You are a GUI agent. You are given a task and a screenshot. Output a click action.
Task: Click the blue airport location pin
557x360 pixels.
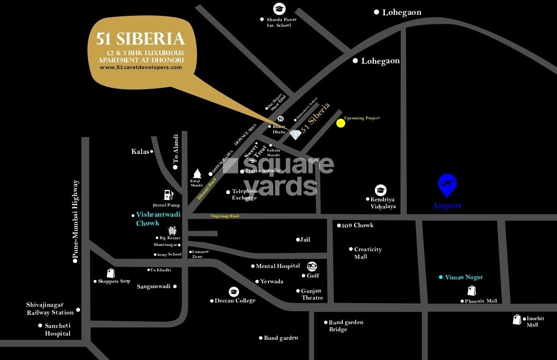447,185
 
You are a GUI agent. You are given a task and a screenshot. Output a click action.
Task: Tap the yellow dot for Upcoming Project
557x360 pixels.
340,123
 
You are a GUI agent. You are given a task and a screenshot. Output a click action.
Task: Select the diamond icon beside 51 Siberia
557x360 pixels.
295,135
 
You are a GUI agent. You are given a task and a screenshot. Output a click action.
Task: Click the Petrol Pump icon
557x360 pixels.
168,195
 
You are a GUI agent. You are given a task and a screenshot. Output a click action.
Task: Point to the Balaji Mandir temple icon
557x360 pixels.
197,174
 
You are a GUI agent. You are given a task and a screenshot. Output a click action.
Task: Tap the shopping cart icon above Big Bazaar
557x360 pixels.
172,231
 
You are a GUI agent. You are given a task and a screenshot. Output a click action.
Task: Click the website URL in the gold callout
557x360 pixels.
140,68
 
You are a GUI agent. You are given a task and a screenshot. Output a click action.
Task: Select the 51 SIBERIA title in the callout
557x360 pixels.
140,38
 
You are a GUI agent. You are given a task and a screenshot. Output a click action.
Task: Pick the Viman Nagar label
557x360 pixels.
464,277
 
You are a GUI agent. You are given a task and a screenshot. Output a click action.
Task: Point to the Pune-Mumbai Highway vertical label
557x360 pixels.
75,220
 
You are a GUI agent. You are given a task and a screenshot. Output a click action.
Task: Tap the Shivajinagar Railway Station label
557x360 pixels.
50,308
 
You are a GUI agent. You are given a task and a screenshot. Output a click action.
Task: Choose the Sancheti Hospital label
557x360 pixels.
58,329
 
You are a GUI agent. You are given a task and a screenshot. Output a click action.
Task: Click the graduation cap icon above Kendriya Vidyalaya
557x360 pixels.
381,190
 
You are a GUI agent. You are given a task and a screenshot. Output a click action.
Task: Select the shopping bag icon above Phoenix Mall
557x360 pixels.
472,290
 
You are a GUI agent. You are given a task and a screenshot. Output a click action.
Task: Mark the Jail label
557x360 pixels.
305,239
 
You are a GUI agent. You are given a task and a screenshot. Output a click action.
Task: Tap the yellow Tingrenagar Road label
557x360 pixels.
224,216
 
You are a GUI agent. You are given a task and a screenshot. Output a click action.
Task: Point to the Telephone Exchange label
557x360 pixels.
245,194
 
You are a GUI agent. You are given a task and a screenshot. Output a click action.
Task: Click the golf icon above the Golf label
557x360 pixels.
312,266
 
